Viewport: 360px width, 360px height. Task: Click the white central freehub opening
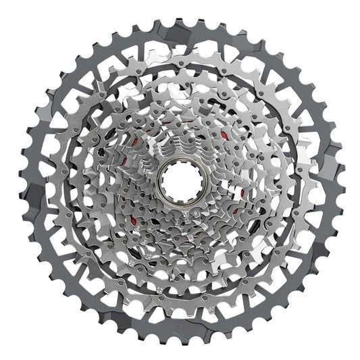pyautogui.click(x=180, y=180)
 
